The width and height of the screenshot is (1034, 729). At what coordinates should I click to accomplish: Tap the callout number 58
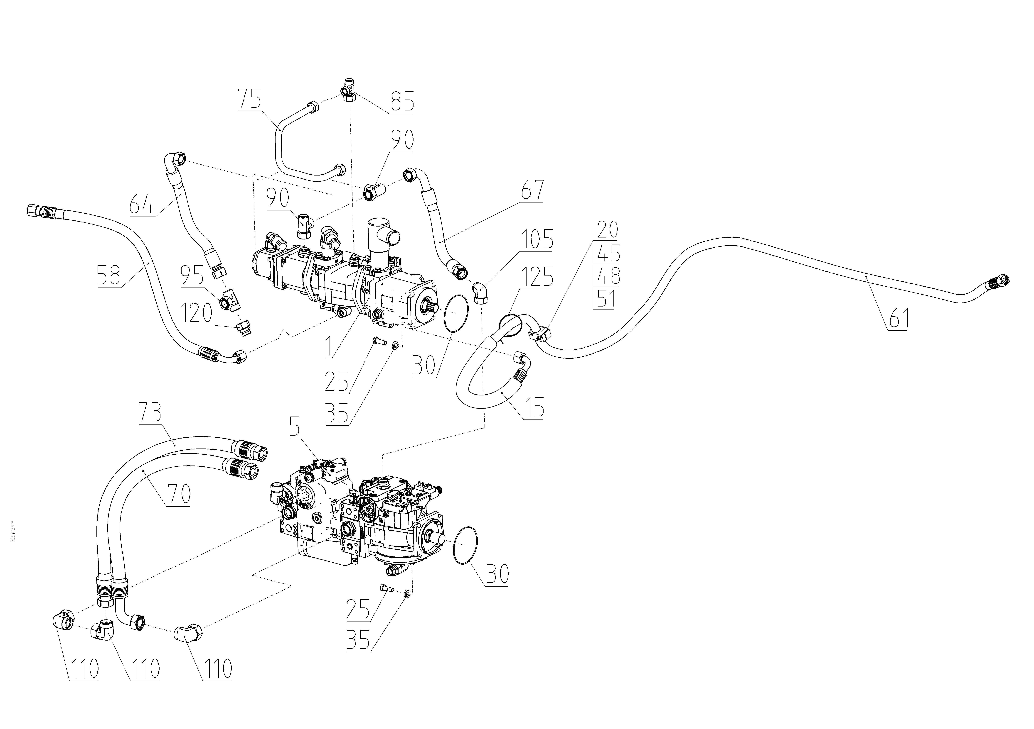[109, 275]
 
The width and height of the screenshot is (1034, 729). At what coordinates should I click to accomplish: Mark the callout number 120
[196, 313]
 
